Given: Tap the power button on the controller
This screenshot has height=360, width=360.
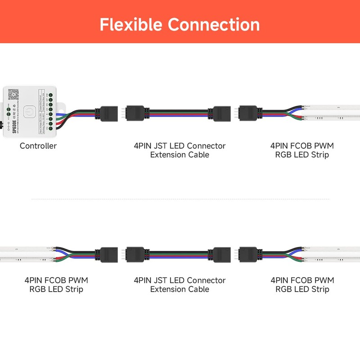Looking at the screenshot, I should click(x=29, y=111).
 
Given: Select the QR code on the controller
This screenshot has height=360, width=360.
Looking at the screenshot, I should click(x=13, y=94).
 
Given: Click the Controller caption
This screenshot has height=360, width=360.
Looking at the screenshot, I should click(x=38, y=146).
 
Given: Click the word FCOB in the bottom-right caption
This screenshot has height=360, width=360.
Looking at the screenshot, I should click(x=302, y=280).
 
